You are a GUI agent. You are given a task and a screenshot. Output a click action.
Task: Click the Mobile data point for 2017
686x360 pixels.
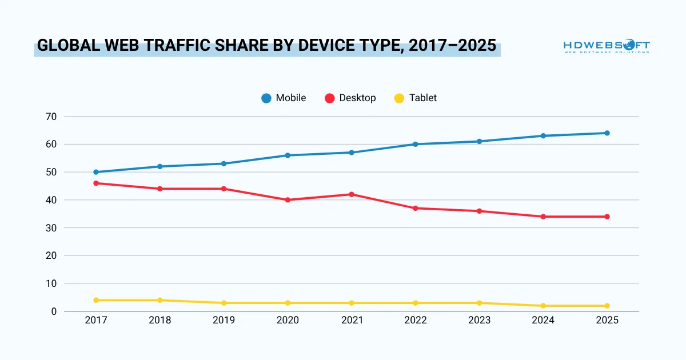[x=96, y=172]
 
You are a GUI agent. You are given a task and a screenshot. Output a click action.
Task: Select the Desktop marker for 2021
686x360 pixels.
[x=352, y=194]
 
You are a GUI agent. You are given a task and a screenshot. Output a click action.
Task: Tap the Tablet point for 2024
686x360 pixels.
[x=543, y=306]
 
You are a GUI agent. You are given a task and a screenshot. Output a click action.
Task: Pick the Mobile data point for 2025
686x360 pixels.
[x=607, y=133]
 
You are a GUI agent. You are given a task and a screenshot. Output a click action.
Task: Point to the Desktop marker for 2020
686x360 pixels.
[x=288, y=200]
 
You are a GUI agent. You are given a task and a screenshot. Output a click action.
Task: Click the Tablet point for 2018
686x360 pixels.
[x=160, y=300]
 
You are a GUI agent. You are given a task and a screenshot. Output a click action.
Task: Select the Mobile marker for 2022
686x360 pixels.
[x=416, y=144]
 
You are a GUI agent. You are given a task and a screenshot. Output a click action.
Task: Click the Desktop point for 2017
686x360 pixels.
[x=96, y=183]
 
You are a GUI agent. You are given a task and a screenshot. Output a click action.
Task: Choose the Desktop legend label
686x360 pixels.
[x=357, y=98]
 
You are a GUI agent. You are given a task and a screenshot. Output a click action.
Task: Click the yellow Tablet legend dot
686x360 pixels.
[x=400, y=98]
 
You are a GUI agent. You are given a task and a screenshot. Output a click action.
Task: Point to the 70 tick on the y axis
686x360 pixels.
[x=51, y=117]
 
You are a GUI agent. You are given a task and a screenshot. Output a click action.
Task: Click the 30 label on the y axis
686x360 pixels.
[x=51, y=228]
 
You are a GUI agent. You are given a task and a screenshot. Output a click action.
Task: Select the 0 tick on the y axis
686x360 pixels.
[x=54, y=311]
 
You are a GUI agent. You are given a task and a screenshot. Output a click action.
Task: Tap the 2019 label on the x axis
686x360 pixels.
[x=224, y=321]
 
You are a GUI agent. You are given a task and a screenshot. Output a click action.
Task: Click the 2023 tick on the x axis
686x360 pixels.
[x=479, y=321]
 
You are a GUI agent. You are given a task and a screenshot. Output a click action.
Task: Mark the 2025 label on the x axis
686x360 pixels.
[x=607, y=321]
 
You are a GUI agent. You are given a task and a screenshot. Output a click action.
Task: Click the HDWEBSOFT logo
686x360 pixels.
[x=606, y=46]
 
